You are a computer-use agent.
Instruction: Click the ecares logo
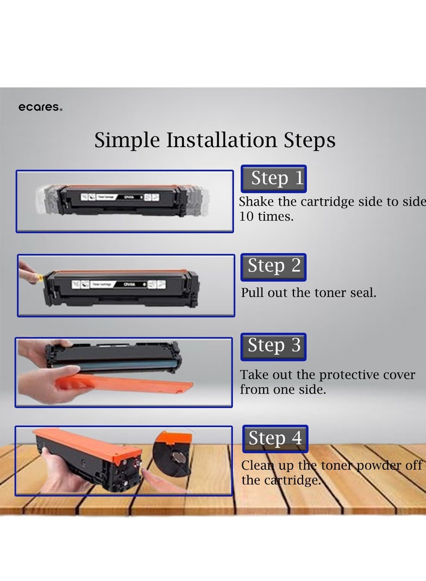[x=40, y=108]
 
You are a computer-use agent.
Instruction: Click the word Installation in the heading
[x=222, y=140]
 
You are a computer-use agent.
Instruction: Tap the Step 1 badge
[x=274, y=178]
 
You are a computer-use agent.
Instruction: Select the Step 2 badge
[x=274, y=266]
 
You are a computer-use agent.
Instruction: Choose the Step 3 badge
[x=274, y=346]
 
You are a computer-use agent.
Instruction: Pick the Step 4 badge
[x=275, y=438]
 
